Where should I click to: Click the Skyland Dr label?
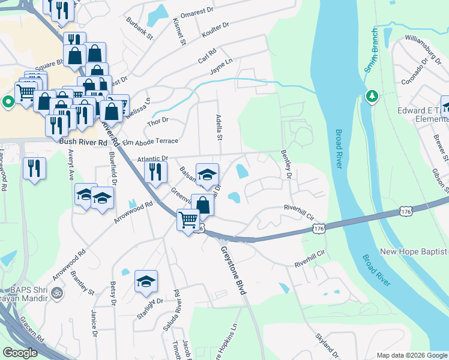coord(327,347)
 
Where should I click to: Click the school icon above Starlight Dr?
coord(146,281)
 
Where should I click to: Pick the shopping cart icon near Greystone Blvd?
coord(188,220)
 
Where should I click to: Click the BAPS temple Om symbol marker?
coord(58,293)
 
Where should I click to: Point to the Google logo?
coord(20,353)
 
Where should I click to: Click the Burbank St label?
coord(140,28)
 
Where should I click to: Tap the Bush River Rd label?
coord(83,143)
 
